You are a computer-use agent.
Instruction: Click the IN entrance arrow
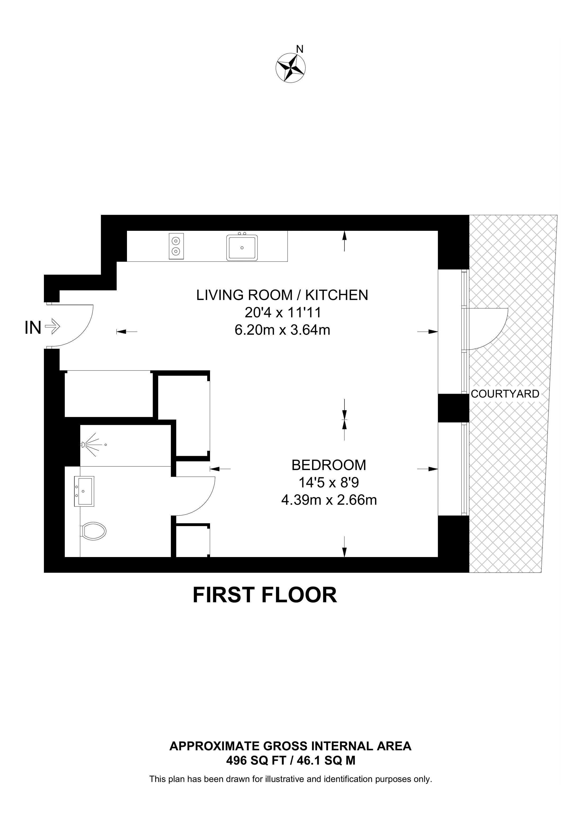click(x=53, y=327)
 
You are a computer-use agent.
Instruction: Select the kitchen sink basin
click(x=242, y=247)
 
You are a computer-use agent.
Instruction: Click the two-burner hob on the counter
click(x=176, y=246)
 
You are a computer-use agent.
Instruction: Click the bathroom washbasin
click(x=84, y=491)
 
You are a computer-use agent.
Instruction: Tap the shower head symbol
click(x=84, y=445)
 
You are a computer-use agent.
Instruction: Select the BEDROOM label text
click(x=329, y=465)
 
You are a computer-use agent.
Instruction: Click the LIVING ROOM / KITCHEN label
click(x=282, y=295)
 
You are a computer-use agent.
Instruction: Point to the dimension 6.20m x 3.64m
click(x=282, y=330)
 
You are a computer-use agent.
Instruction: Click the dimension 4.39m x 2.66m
click(x=329, y=500)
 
